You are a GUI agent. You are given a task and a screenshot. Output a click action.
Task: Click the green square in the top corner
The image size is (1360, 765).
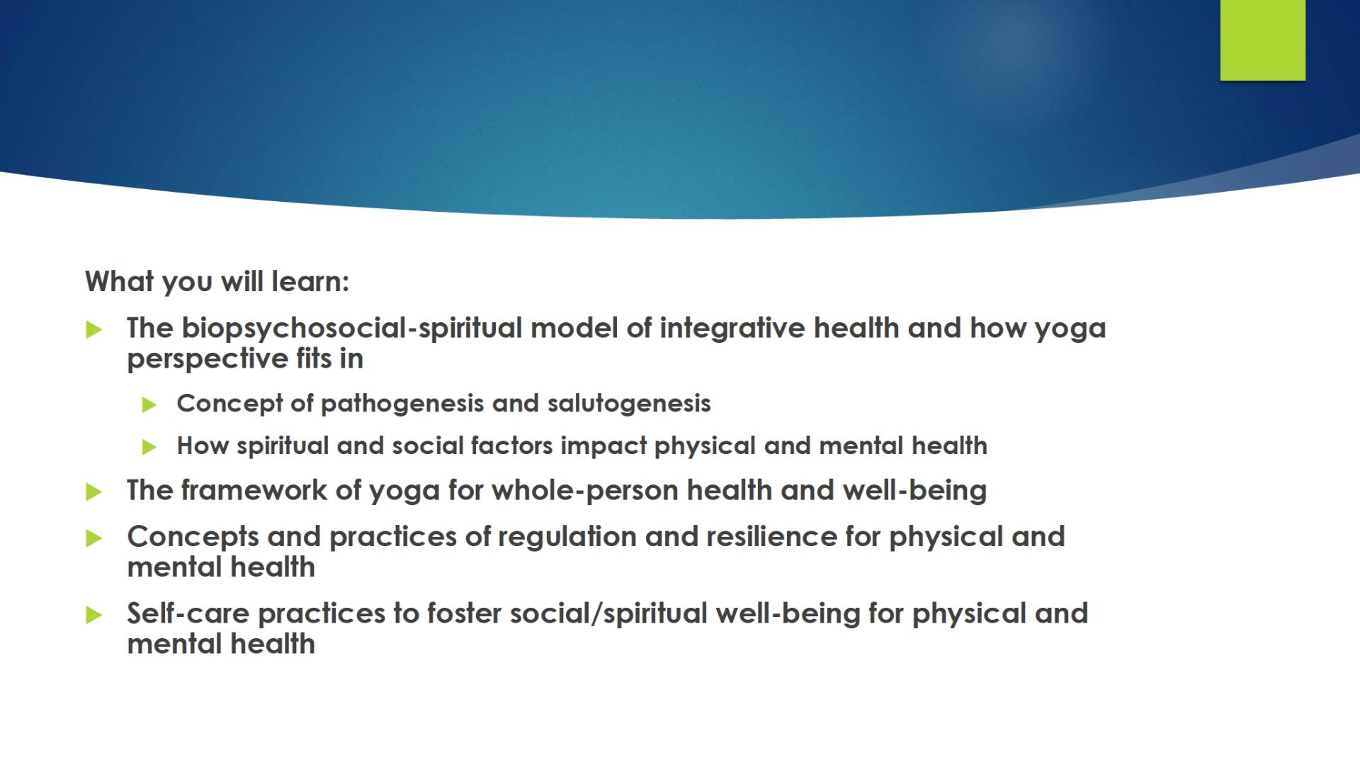click(1262, 40)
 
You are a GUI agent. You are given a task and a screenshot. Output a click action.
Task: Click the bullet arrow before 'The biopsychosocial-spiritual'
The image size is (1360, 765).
click(93, 329)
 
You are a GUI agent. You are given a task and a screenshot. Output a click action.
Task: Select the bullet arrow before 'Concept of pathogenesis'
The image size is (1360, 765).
click(149, 404)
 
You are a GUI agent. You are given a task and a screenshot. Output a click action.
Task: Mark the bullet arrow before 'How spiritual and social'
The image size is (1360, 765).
click(149, 447)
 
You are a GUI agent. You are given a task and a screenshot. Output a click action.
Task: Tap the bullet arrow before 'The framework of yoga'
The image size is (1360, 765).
click(93, 492)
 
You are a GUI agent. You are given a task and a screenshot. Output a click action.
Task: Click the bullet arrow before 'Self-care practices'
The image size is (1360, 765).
click(93, 615)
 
